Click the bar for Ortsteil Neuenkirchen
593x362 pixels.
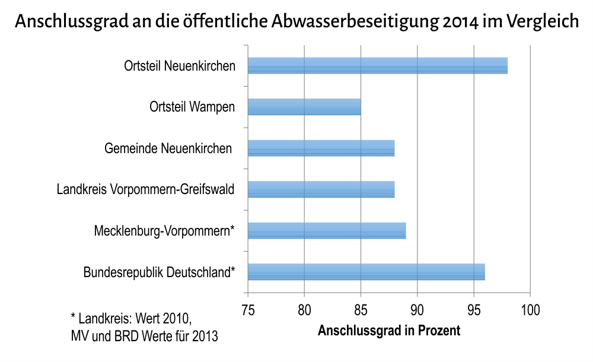click(377, 66)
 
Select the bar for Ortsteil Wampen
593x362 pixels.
click(304, 107)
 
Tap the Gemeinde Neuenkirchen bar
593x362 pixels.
click(321, 148)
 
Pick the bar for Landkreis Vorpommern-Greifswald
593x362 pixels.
click(321, 189)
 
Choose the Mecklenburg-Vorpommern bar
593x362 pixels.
click(327, 231)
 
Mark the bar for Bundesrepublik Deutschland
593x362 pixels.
click(366, 272)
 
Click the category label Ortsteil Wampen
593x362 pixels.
click(192, 107)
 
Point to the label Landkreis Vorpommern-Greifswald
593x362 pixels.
click(145, 190)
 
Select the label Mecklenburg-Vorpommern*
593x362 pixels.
click(164, 231)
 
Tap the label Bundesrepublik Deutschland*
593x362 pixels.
click(159, 273)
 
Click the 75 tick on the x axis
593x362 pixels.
click(248, 310)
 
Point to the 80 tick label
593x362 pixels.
click(304, 310)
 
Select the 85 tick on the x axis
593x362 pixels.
click(361, 310)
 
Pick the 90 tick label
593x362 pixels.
click(417, 310)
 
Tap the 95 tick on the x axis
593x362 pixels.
click(474, 310)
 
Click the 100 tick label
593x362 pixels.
click(530, 310)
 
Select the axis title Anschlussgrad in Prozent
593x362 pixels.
click(389, 331)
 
